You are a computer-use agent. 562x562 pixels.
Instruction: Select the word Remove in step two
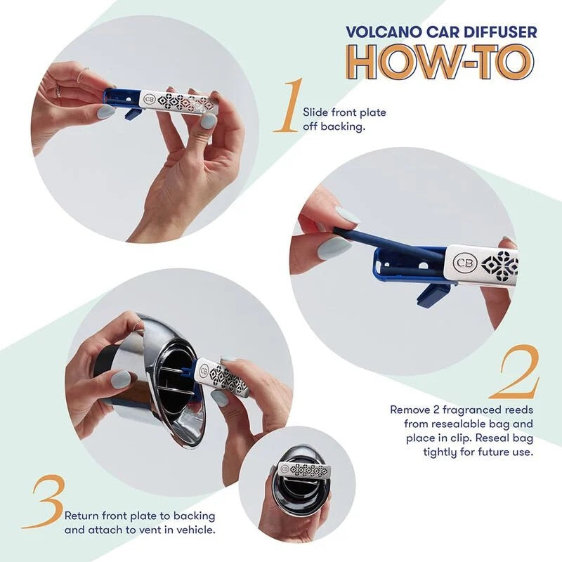(410, 408)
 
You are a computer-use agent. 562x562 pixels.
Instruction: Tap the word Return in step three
(82, 516)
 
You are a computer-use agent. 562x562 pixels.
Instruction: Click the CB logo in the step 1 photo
(149, 99)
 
